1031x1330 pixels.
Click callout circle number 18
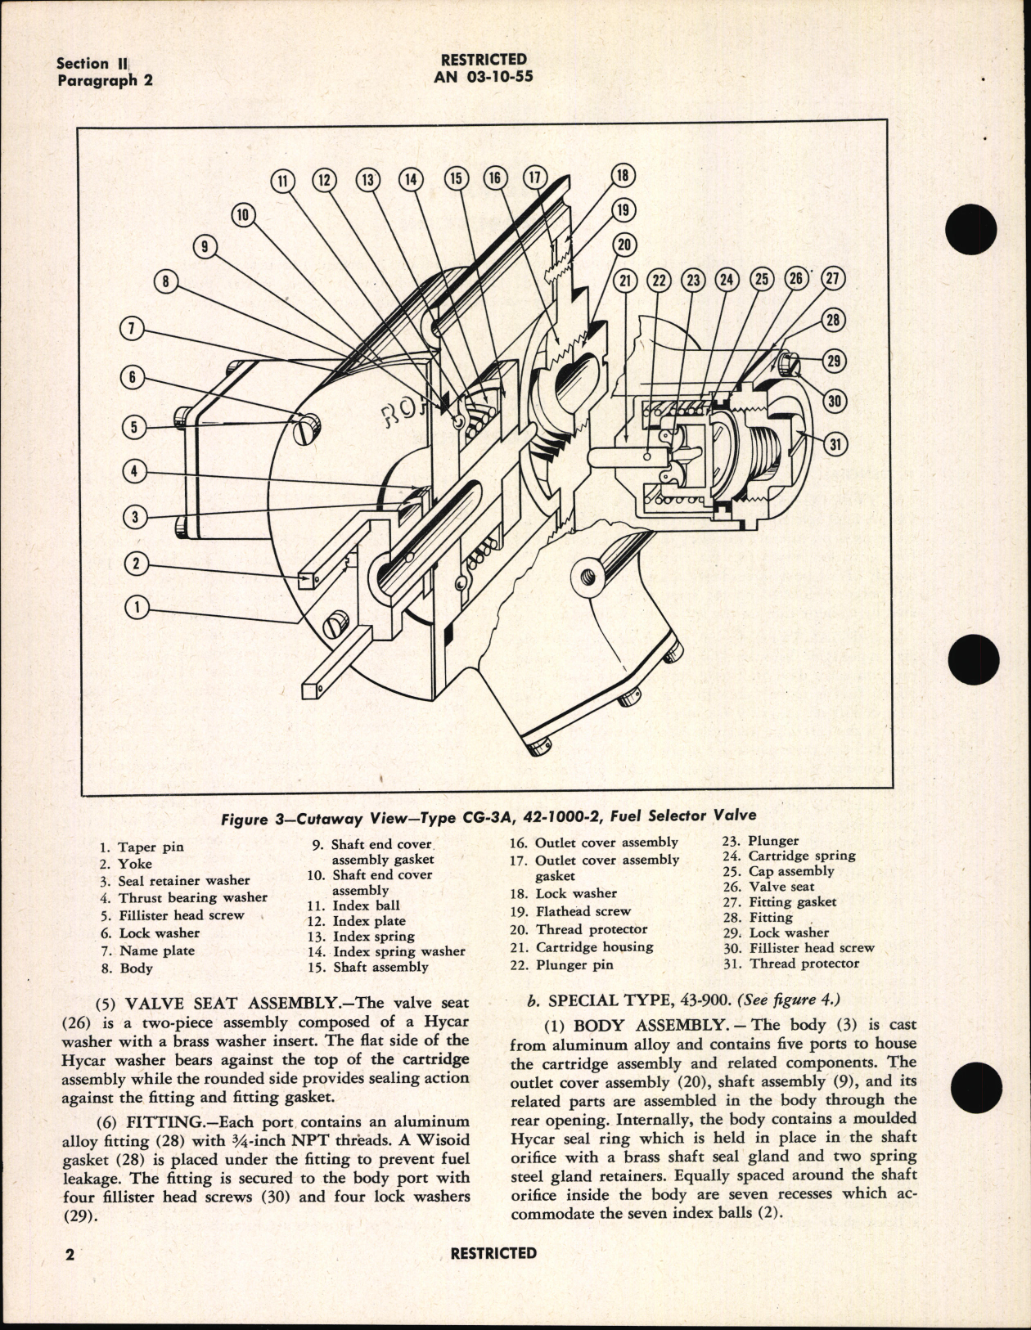(623, 175)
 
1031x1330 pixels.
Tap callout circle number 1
(137, 606)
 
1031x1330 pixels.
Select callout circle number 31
(835, 444)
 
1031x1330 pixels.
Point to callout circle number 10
(242, 215)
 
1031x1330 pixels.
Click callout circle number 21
(626, 280)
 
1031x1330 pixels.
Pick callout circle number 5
(135, 427)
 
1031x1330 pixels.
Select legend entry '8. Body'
(128, 968)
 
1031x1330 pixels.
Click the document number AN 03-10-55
(484, 77)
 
